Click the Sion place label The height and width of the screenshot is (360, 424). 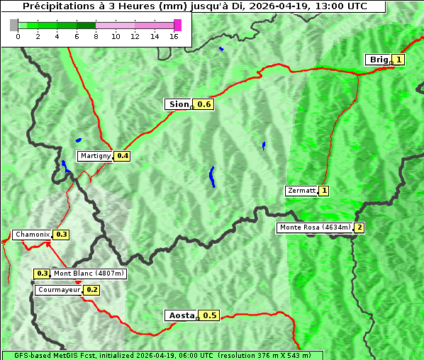178,104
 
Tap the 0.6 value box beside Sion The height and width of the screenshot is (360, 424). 204,104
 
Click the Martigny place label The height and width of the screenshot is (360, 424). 95,156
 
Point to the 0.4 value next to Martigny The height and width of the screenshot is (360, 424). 123,156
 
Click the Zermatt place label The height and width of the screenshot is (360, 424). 301,191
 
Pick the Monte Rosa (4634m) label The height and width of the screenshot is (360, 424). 314,227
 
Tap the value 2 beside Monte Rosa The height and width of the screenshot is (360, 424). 359,227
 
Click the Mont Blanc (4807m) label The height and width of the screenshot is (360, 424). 89,274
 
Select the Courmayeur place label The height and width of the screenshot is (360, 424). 58,290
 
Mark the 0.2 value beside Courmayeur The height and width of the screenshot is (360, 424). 92,290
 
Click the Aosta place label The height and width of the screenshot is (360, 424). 180,315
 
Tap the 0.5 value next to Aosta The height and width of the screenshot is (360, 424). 209,315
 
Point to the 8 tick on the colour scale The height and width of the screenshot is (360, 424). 96,37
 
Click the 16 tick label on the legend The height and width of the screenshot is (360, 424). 174,37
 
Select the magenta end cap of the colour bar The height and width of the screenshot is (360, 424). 177,25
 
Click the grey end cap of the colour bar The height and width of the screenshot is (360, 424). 14,25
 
